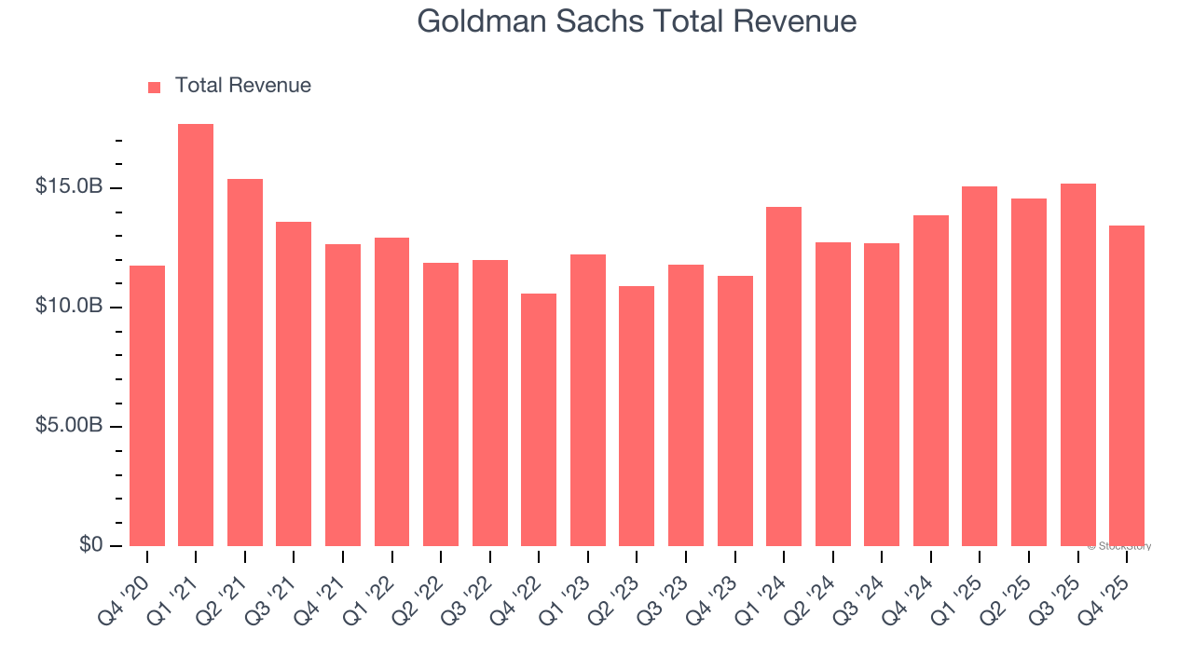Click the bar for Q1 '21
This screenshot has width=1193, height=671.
[196, 335]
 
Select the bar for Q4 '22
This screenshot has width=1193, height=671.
[539, 419]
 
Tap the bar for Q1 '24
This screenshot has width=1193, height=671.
[784, 377]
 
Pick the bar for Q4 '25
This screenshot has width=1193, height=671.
[1127, 386]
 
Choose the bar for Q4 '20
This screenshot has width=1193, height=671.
[147, 405]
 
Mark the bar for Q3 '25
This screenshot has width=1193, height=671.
[1077, 364]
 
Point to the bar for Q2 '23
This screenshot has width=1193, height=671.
[637, 416]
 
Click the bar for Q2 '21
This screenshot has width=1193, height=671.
[245, 363]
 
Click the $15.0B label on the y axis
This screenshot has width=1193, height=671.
[69, 187]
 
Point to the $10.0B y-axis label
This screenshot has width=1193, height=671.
[69, 307]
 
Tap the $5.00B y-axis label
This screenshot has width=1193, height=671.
[69, 426]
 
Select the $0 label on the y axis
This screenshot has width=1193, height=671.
[89, 545]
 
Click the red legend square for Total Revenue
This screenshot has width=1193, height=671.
[155, 87]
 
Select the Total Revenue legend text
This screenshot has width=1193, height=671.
[242, 86]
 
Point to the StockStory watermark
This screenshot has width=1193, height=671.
[1119, 546]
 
